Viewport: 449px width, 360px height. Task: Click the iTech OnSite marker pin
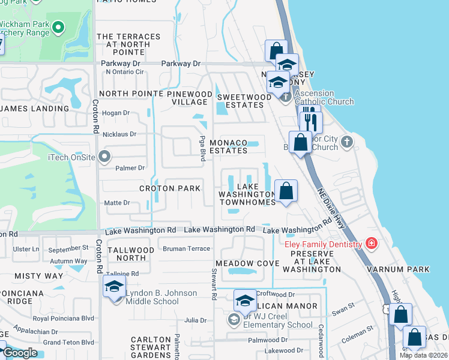105,157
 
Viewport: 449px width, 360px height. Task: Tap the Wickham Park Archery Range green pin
58,26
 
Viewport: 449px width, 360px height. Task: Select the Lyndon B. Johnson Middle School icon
114,287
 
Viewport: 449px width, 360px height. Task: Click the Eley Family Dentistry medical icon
372,244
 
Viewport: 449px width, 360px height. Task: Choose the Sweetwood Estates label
240,101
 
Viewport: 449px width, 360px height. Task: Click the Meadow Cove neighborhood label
247,263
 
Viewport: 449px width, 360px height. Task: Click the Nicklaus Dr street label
120,134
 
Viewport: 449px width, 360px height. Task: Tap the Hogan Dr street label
116,113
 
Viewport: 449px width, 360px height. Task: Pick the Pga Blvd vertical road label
202,148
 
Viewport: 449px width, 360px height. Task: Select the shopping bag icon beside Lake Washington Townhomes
287,191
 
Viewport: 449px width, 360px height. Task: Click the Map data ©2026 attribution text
423,355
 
